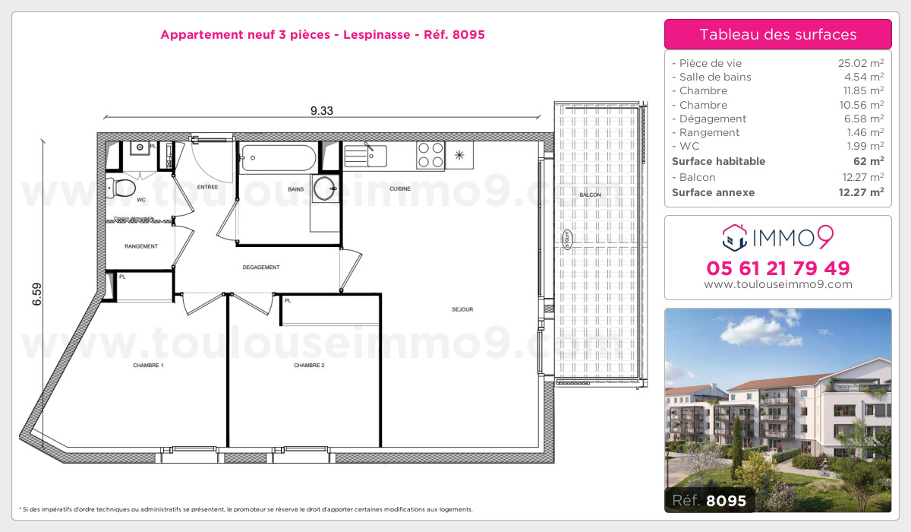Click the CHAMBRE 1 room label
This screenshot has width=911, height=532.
pyautogui.click(x=148, y=366)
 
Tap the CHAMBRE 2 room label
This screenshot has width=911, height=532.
pyautogui.click(x=309, y=366)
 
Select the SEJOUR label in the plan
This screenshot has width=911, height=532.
pyautogui.click(x=462, y=309)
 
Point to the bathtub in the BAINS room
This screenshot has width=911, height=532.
pyautogui.click(x=277, y=158)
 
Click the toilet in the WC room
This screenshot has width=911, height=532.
pyautogui.click(x=121, y=186)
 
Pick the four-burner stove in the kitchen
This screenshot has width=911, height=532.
pyautogui.click(x=430, y=155)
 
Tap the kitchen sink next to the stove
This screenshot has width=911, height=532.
pyautogui.click(x=366, y=155)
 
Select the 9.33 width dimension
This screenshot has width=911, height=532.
pyautogui.click(x=321, y=110)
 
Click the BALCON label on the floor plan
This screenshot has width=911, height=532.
pyautogui.click(x=590, y=195)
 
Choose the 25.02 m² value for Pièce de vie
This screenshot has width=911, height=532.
pyautogui.click(x=859, y=63)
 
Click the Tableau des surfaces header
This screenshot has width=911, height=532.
pyautogui.click(x=777, y=34)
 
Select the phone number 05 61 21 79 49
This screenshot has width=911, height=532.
pyautogui.click(x=777, y=268)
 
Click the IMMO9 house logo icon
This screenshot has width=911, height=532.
pyautogui.click(x=733, y=237)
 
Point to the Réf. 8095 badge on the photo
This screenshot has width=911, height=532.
pyautogui.click(x=710, y=500)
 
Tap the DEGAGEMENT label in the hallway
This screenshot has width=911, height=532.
pyautogui.click(x=261, y=268)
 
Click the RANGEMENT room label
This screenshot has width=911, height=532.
pyautogui.click(x=141, y=246)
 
